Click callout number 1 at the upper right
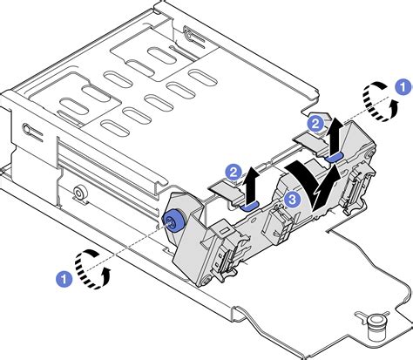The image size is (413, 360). click(402, 85)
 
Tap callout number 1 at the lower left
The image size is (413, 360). click(64, 278)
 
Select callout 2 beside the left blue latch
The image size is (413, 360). click(233, 171)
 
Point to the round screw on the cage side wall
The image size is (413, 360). click(79, 194)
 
